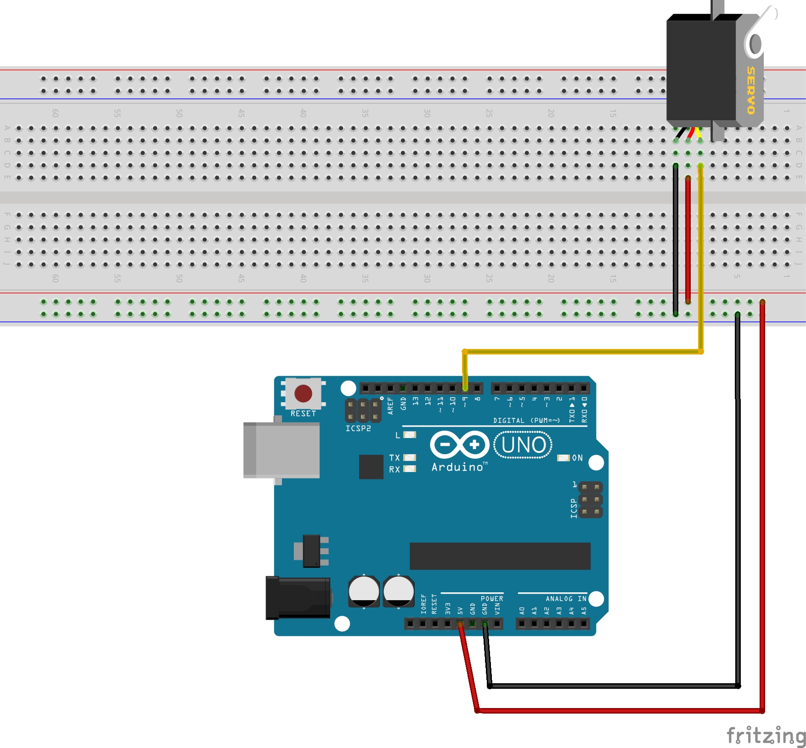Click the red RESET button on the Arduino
pos(303,394)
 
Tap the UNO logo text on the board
pos(524,445)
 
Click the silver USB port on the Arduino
pos(282,450)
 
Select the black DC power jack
pos(298,597)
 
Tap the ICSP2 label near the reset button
pos(358,428)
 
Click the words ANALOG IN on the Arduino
pos(566,599)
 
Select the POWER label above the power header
pos(491,599)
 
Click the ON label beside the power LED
pos(577,458)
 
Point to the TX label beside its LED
pos(394,458)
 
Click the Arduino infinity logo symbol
pos(459,444)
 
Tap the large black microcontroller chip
pos(500,556)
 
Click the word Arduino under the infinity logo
pos(457,467)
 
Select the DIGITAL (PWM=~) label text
pos(526,421)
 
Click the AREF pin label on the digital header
pos(390,406)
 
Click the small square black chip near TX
pos(371,467)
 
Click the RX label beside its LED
pos(394,469)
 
